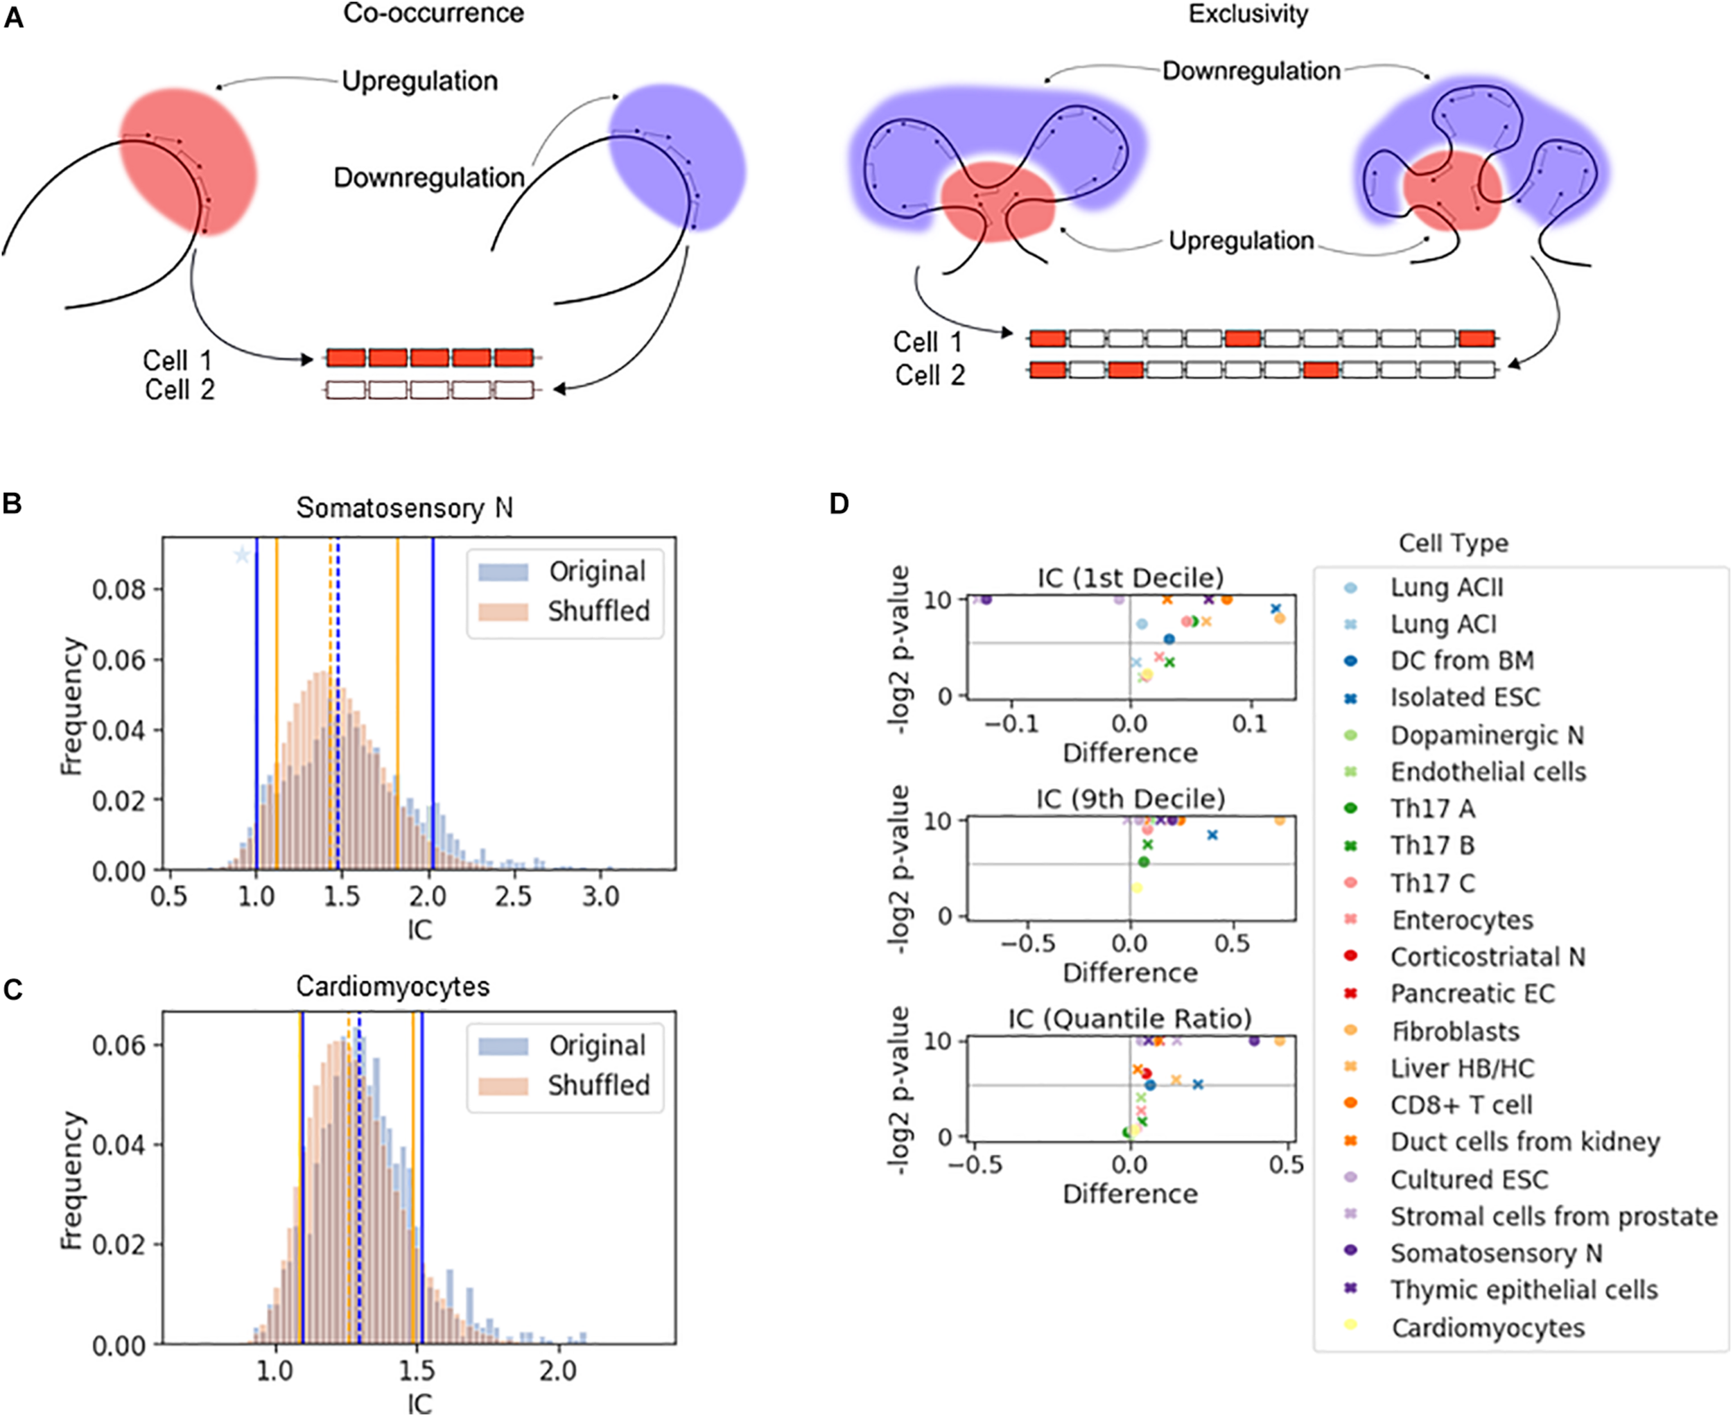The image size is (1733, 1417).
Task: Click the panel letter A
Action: click(x=14, y=17)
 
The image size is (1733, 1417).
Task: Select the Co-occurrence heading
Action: click(x=433, y=14)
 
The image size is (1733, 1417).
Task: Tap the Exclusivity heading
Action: click(x=1248, y=14)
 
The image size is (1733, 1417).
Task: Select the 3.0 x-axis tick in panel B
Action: click(x=600, y=896)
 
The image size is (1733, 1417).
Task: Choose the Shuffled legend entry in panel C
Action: click(x=598, y=1085)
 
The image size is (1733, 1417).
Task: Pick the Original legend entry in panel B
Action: click(x=597, y=571)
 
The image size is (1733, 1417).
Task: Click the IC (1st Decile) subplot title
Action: click(x=1131, y=578)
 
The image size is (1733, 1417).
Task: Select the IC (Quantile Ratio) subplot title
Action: click(x=1131, y=1018)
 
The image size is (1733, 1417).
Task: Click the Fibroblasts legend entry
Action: click(x=1454, y=1031)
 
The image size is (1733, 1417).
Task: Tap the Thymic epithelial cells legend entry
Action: click(x=1524, y=1289)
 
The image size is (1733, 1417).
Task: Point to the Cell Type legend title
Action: click(x=1453, y=544)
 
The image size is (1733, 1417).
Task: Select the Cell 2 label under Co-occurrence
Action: click(x=180, y=390)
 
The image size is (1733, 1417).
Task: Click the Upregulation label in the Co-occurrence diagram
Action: click(x=419, y=81)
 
